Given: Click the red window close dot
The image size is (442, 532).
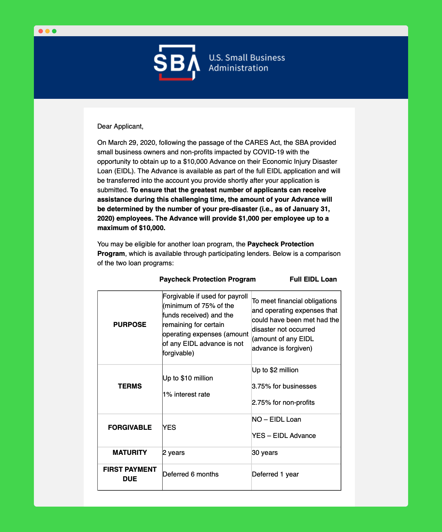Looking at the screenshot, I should [41, 31].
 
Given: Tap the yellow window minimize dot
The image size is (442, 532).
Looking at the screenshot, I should [47, 31].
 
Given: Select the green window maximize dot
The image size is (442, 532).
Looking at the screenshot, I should [54, 31].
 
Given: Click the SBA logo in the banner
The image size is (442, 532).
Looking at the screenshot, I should [177, 63].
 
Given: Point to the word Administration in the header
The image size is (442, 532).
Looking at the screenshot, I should [238, 68].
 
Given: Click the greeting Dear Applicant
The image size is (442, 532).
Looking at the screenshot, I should [120, 127].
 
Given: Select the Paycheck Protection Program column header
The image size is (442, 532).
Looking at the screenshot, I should [207, 279].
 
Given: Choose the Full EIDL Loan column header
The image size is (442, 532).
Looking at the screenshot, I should [313, 279].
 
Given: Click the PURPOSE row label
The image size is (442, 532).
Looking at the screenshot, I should [130, 325].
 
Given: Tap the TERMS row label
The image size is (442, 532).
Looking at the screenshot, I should [130, 386].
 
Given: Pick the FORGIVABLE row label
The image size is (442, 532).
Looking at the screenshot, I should [130, 427].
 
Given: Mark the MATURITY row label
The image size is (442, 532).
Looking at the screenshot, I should [130, 452].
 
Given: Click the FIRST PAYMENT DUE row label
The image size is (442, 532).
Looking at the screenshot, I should [130, 474].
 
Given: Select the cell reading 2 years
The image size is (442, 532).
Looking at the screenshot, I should [174, 453].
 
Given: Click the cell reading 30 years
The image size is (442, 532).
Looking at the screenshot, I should [265, 453].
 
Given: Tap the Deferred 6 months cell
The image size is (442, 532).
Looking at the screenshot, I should [190, 474].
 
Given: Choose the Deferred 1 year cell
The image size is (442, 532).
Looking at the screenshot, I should [275, 474].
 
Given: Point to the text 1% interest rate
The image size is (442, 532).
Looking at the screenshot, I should [186, 395].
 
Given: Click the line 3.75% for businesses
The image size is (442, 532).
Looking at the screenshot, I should [284, 386].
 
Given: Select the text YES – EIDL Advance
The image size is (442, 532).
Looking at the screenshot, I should [284, 436].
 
